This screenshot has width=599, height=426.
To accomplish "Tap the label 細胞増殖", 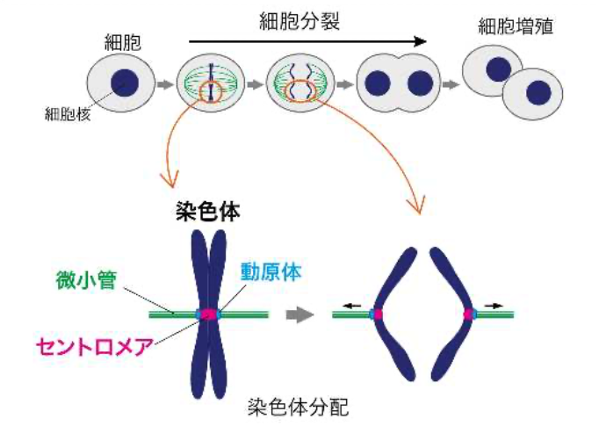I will [x=516, y=25].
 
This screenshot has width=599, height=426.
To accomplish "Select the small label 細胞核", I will [x=65, y=112].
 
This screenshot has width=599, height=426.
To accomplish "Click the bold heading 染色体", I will [x=207, y=212].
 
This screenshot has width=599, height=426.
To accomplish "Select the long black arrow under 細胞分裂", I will [x=307, y=40].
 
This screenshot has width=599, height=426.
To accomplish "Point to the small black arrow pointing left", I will [x=351, y=304].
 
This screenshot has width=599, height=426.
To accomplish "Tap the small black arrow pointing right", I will [x=494, y=304].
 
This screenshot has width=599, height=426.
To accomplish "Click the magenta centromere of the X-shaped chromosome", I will [x=209, y=314].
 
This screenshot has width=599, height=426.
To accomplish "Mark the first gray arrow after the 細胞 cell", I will [x=163, y=84].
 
